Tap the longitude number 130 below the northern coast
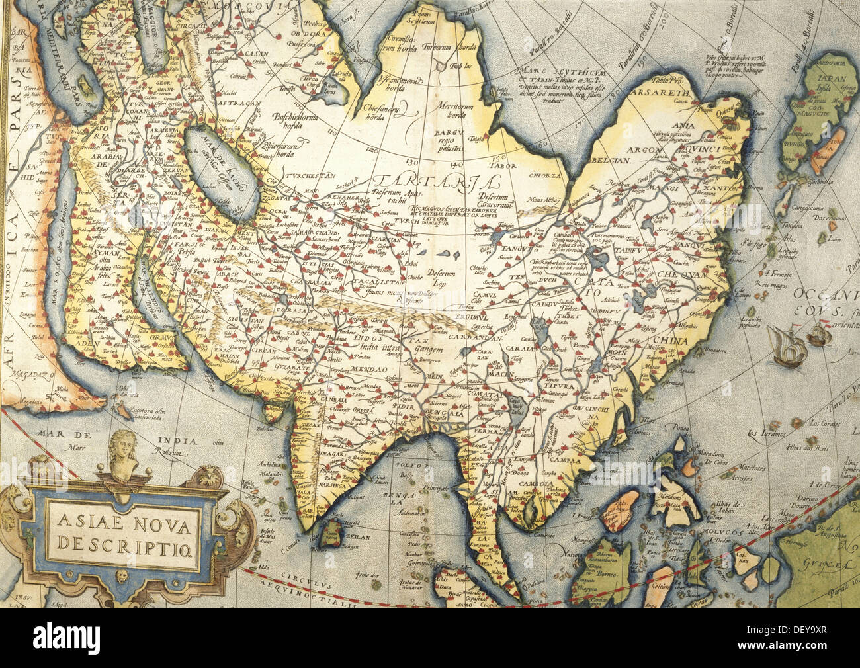(413, 161)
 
